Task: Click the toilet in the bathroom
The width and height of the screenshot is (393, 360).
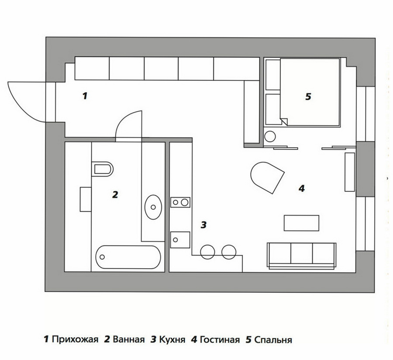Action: coord(103,169)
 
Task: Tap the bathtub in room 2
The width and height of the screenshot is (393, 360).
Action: coord(128,257)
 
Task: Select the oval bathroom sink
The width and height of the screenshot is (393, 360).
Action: coord(153,207)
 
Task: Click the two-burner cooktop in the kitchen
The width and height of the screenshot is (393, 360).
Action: coord(180,202)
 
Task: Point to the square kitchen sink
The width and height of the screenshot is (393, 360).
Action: coord(180,240)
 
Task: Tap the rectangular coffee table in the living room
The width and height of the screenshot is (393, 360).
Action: coord(301,223)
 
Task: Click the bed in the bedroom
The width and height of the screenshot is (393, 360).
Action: coord(310,92)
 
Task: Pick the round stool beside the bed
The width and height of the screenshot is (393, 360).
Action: coord(270,137)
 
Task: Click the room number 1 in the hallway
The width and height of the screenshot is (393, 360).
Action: coord(85,96)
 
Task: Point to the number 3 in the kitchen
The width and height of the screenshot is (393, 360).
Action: coord(203,225)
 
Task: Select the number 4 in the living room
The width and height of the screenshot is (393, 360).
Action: coord(301,188)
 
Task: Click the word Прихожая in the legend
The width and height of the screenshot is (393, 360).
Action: coord(75,339)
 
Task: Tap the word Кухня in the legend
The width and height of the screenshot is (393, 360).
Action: coord(172,339)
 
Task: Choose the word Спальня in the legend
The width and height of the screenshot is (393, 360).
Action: coord(273,340)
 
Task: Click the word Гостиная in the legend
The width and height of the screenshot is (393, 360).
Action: coord(220,339)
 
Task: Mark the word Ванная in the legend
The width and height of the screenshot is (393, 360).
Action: coord(128,339)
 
